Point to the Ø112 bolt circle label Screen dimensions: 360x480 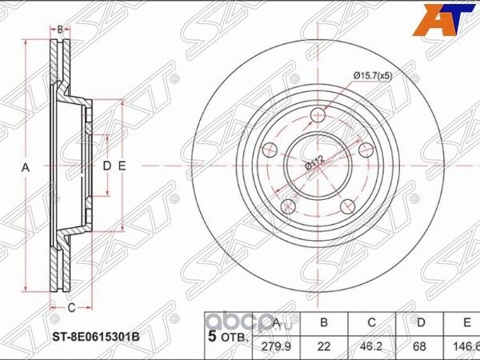tap(313, 166)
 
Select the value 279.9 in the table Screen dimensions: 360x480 tap(275, 345)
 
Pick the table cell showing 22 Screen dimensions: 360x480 tap(324, 345)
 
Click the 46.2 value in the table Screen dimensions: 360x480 tap(372, 345)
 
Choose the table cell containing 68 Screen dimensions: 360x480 tap(420, 345)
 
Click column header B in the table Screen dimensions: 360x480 tap(324, 324)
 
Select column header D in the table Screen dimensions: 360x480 tap(420, 324)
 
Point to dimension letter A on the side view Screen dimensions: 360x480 tap(25, 167)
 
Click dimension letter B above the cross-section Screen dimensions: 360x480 tap(60, 30)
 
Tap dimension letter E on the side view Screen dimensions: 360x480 tap(122, 166)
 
